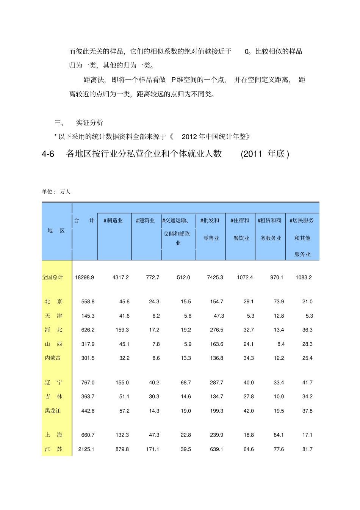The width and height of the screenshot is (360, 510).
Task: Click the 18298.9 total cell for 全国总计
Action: pyautogui.click(x=84, y=278)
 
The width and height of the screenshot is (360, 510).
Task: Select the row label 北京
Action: pyautogui.click(x=53, y=301)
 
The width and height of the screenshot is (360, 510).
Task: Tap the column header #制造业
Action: pyautogui.click(x=113, y=220)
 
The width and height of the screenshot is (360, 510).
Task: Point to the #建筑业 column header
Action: pyautogui.click(x=145, y=220)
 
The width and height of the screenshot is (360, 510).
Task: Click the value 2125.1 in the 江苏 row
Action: pyautogui.click(x=86, y=449)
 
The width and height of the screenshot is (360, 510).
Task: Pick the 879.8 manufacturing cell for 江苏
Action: pyautogui.click(x=122, y=449)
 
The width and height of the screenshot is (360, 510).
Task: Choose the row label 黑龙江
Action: pyautogui.click(x=53, y=411)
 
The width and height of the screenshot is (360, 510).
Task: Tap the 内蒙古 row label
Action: pyautogui.click(x=53, y=358)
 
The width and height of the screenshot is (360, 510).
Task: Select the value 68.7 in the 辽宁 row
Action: pyautogui.click(x=186, y=383)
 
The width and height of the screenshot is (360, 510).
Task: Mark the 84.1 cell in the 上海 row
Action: pyautogui.click(x=279, y=435)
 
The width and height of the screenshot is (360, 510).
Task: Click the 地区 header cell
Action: pyautogui.click(x=56, y=231)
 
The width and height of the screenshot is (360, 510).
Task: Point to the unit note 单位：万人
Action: pyautogui.click(x=56, y=192)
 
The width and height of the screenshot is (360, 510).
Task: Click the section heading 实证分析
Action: pyautogui.click(x=89, y=122)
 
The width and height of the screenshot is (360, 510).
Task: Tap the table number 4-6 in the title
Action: pyautogui.click(x=48, y=154)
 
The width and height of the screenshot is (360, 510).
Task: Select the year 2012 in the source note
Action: pyautogui.click(x=190, y=137)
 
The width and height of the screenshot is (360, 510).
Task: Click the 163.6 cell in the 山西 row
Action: pyautogui.click(x=216, y=344)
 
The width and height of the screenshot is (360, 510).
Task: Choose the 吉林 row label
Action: pyautogui.click(x=53, y=397)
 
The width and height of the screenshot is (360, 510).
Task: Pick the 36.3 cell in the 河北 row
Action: pyautogui.click(x=307, y=330)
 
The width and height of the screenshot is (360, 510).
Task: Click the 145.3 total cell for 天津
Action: pyautogui.click(x=88, y=316)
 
